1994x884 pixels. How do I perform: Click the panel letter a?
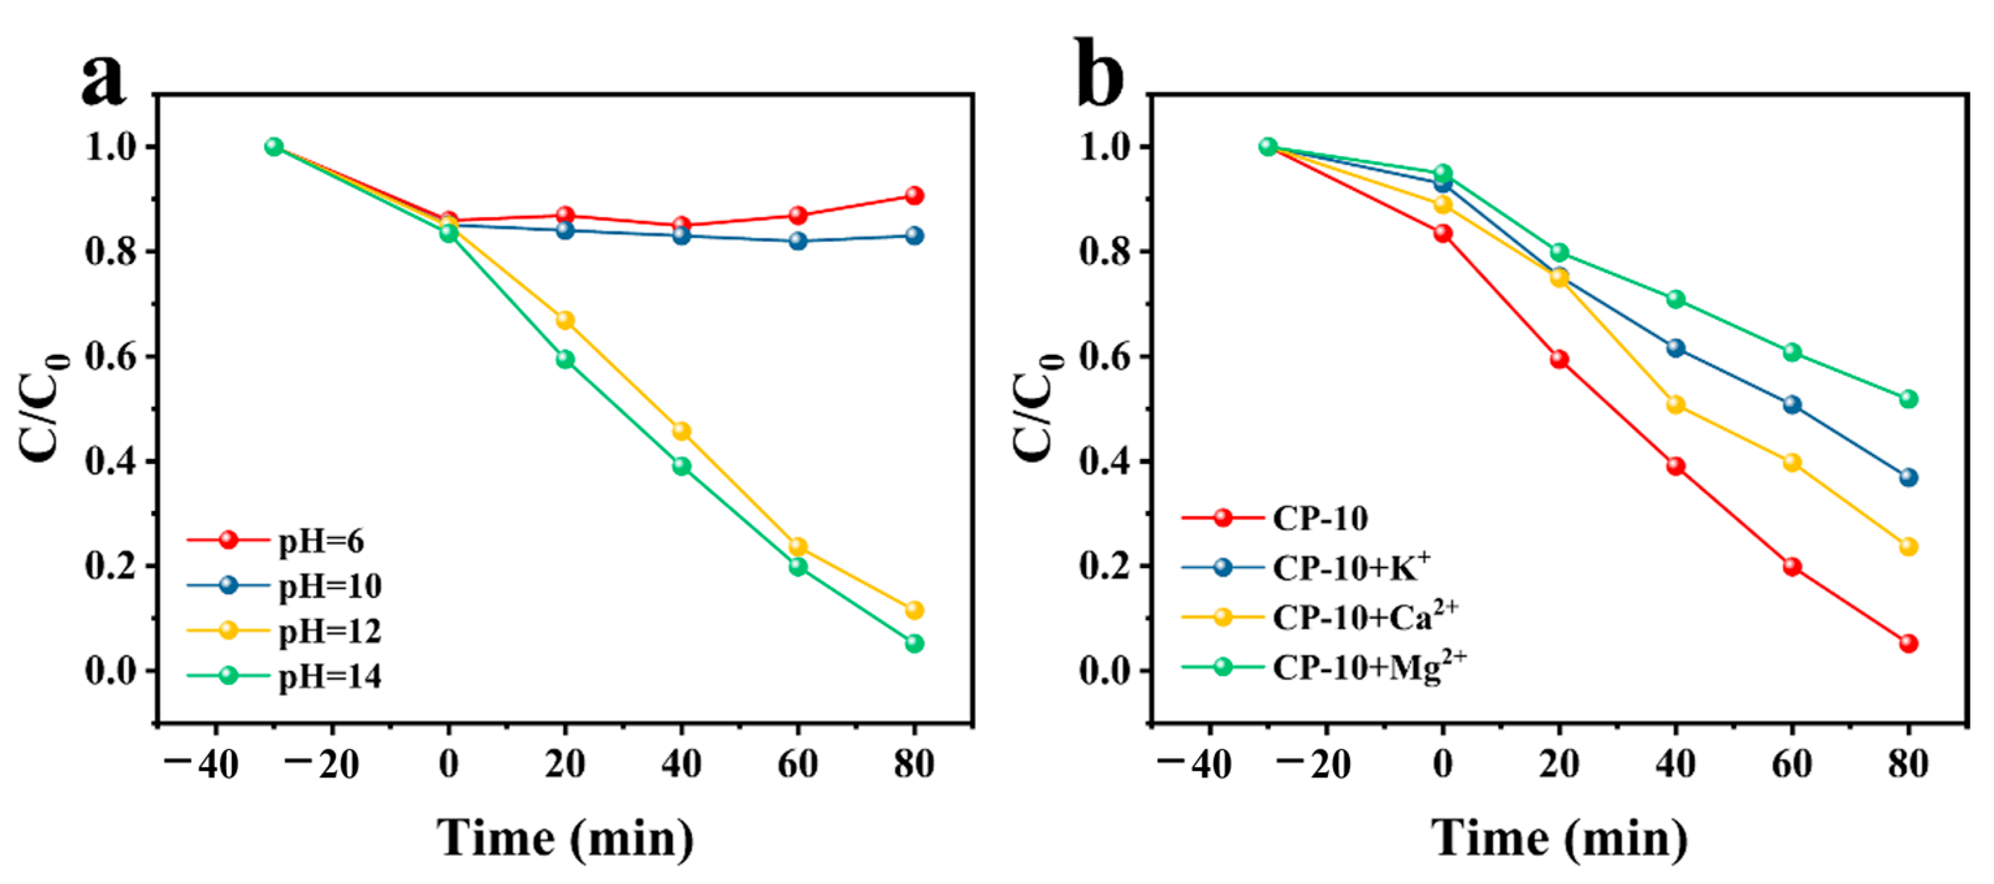coord(103,81)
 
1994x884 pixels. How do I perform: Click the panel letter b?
coord(1099,76)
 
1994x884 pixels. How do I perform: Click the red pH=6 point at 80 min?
coord(914,195)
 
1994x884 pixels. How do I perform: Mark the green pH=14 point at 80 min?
coord(914,643)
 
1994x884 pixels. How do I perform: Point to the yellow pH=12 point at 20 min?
coord(565,320)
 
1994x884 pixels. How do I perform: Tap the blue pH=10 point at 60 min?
coord(798,240)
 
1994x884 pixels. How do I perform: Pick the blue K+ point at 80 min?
coord(1908,478)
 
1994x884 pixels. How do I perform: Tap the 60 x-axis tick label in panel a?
coord(798,764)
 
